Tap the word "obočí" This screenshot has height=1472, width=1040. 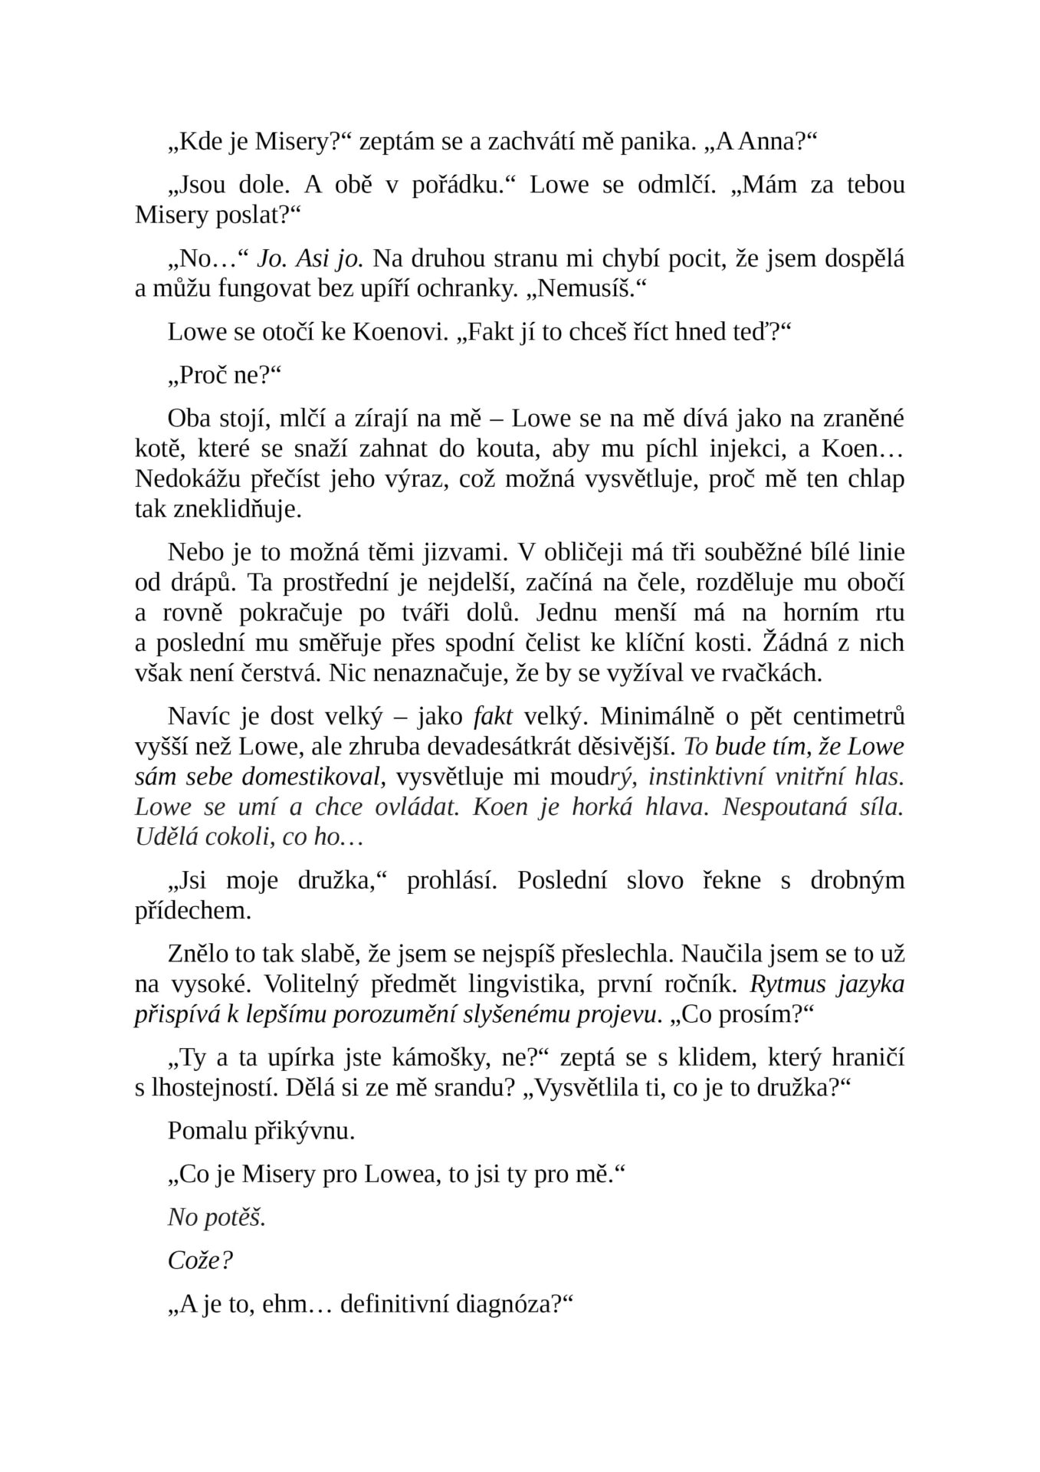[x=875, y=583]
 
